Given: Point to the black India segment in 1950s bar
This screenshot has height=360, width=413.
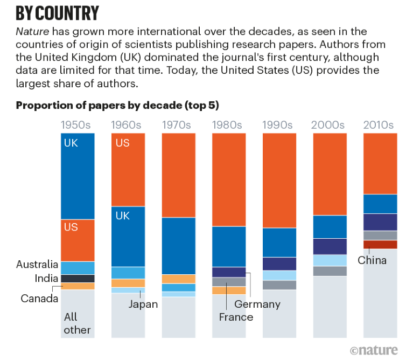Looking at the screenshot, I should pyautogui.click(x=78, y=279).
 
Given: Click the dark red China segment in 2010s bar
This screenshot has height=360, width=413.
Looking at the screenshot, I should pyautogui.click(x=380, y=244).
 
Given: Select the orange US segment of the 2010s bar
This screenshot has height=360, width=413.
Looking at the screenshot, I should pyautogui.click(x=380, y=163).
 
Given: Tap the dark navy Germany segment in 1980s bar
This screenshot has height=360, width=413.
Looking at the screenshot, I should pyautogui.click(x=229, y=272).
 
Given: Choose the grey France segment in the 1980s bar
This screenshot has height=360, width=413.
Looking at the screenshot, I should pyautogui.click(x=229, y=282).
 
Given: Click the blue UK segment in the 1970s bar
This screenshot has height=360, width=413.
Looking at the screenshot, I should pyautogui.click(x=179, y=246).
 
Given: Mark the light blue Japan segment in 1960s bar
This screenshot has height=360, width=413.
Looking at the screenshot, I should pyautogui.click(x=128, y=290).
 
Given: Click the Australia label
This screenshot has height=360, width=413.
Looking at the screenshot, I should pyautogui.click(x=37, y=265).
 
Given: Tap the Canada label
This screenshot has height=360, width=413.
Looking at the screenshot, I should pyautogui.click(x=39, y=298).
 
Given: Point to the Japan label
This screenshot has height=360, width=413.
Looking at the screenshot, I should pyautogui.click(x=143, y=304).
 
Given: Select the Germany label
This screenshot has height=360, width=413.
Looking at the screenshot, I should pyautogui.click(x=257, y=304).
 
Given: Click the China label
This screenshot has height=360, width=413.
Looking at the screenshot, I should pyautogui.click(x=373, y=261).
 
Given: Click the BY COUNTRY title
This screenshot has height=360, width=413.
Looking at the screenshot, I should pyautogui.click(x=57, y=12).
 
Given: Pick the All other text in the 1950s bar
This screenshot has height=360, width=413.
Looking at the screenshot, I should pyautogui.click(x=77, y=323).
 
